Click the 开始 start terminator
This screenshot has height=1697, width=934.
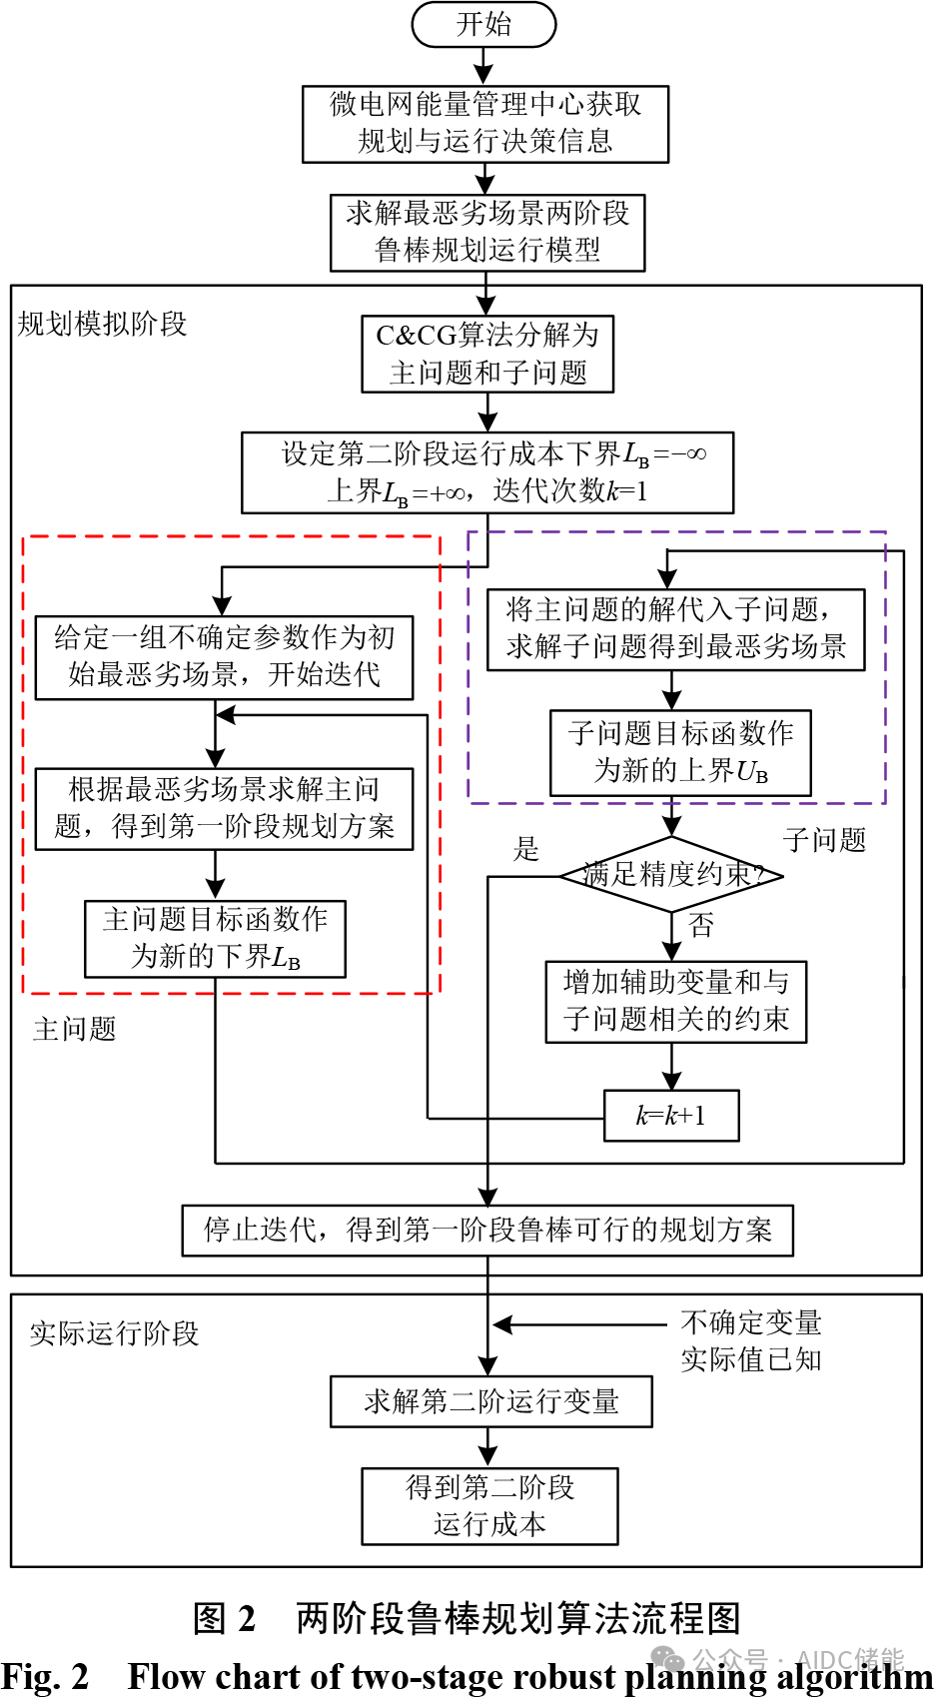[x=483, y=24]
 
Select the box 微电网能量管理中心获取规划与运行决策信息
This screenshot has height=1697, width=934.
[x=485, y=124]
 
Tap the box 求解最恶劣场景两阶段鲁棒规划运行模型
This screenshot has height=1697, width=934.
[x=487, y=232]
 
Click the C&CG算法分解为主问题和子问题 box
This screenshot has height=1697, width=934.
[x=487, y=354]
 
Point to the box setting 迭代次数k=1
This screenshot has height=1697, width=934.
[x=487, y=472]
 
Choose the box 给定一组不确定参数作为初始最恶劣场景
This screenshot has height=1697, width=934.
[x=224, y=657]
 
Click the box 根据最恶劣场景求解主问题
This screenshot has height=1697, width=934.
[x=224, y=809]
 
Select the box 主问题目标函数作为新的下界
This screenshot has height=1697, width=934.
[x=215, y=938]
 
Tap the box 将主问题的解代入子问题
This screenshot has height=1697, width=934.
[x=675, y=629]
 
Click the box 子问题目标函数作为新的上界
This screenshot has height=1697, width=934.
[x=680, y=752]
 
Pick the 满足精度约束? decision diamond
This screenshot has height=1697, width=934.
[x=671, y=875]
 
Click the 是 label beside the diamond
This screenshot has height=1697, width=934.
[x=525, y=850]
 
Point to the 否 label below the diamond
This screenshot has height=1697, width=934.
[x=701, y=926]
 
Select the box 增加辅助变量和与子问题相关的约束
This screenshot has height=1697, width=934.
[x=675, y=1002]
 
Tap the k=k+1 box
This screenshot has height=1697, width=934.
[x=671, y=1116]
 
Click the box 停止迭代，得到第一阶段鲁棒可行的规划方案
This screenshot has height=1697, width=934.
[x=487, y=1230]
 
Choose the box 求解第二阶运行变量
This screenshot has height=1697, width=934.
[x=491, y=1401]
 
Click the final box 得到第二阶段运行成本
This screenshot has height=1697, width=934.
[x=489, y=1506]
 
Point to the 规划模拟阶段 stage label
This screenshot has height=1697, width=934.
[x=103, y=324]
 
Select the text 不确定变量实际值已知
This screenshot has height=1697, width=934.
[x=751, y=1340]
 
